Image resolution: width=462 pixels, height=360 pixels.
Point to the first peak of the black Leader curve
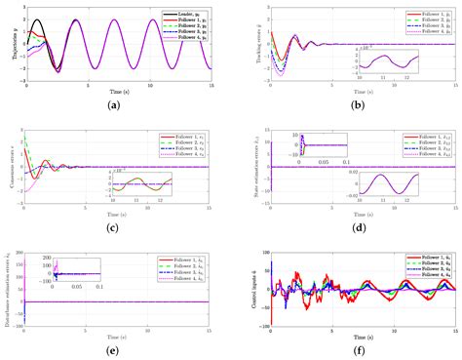[38, 20]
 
